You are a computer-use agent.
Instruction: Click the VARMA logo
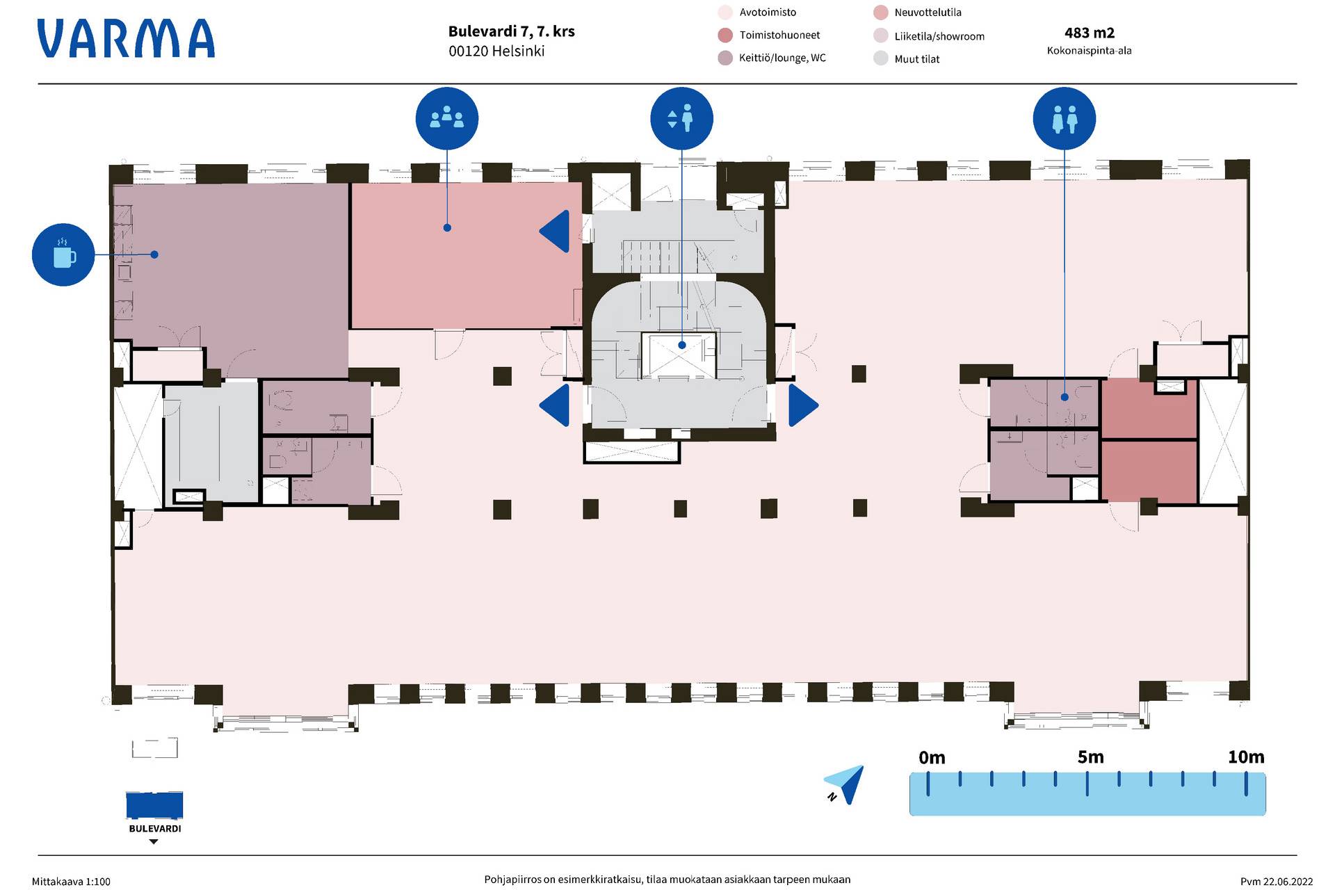coord(126,38)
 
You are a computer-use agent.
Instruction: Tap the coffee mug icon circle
coord(63,254)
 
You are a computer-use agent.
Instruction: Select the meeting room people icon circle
coord(447,118)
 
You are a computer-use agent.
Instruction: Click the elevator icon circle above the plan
coord(681,118)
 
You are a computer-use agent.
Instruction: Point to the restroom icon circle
coord(1065,118)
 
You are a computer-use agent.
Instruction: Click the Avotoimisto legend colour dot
coord(725,13)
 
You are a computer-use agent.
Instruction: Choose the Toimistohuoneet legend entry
coord(770,35)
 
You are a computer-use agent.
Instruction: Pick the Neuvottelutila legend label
coord(928,13)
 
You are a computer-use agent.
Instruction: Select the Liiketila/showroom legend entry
coord(929,36)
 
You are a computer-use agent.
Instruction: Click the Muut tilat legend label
coord(916,59)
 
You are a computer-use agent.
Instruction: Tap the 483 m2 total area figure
coord(1090,33)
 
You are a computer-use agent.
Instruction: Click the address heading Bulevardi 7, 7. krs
coord(511,31)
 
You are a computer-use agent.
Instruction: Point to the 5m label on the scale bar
coord(1090,756)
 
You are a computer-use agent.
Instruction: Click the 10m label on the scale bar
coord(1246,756)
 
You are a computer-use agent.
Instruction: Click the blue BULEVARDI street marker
coord(154,806)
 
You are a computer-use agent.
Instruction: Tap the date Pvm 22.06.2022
coord(1277,882)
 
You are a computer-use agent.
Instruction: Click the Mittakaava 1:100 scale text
coord(71,882)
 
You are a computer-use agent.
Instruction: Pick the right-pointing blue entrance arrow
coord(803,405)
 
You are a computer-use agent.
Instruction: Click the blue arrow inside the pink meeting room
coord(554,232)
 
